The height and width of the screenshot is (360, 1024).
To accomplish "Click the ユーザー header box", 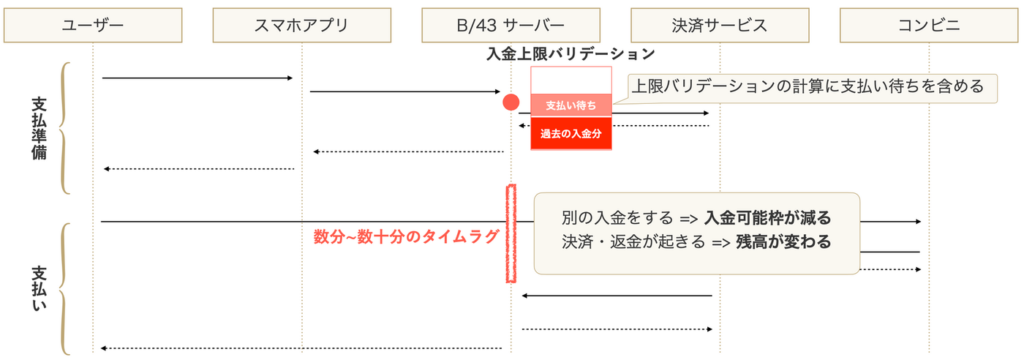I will (93, 26).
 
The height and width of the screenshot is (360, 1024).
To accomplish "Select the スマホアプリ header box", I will (301, 26).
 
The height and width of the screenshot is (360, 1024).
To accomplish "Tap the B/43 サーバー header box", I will (511, 26).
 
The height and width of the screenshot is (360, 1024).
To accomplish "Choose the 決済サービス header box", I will (720, 26).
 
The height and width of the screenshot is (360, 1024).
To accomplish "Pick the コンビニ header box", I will (929, 26).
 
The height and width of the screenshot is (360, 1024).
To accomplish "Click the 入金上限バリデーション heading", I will (571, 53).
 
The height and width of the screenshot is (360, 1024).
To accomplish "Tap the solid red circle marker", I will (511, 102).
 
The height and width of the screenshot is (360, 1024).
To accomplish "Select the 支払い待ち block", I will (571, 105).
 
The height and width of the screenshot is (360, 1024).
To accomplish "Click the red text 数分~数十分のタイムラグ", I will (407, 236).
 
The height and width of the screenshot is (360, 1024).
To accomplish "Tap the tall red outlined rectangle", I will (511, 233).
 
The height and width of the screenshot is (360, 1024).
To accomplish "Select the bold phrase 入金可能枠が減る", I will (767, 218).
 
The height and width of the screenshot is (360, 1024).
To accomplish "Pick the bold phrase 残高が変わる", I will (783, 242).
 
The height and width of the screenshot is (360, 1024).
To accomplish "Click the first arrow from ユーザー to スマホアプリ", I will (197, 78).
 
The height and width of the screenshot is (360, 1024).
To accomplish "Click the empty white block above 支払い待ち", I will (571, 80).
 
